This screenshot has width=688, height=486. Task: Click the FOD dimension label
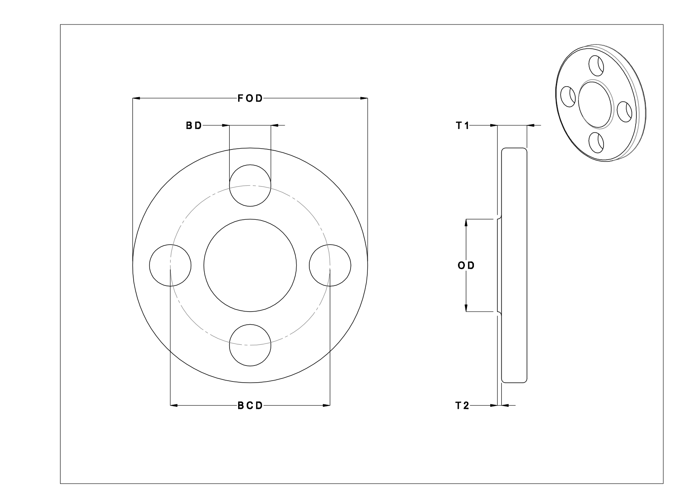click(250, 98)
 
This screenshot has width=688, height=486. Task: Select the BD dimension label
click(194, 126)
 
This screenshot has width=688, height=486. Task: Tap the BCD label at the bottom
click(250, 406)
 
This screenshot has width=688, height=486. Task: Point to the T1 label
click(462, 126)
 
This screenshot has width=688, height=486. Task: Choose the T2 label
click(462, 406)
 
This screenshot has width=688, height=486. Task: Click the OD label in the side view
click(466, 265)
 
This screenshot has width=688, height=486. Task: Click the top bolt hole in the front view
click(250, 185)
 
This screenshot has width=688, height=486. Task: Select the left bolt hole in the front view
click(170, 265)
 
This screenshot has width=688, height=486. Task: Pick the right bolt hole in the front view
click(330, 265)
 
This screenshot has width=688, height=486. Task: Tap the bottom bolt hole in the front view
click(250, 345)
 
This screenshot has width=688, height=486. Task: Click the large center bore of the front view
click(250, 265)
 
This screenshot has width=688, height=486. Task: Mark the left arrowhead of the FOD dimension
click(136, 98)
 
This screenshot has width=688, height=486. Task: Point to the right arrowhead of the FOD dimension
click(364, 98)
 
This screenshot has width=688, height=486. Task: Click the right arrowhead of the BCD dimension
click(326, 406)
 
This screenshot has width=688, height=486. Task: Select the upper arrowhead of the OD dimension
click(466, 223)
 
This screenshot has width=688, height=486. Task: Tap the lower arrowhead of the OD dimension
click(466, 308)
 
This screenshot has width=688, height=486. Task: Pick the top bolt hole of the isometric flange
click(596, 65)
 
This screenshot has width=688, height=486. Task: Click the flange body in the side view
click(514, 265)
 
